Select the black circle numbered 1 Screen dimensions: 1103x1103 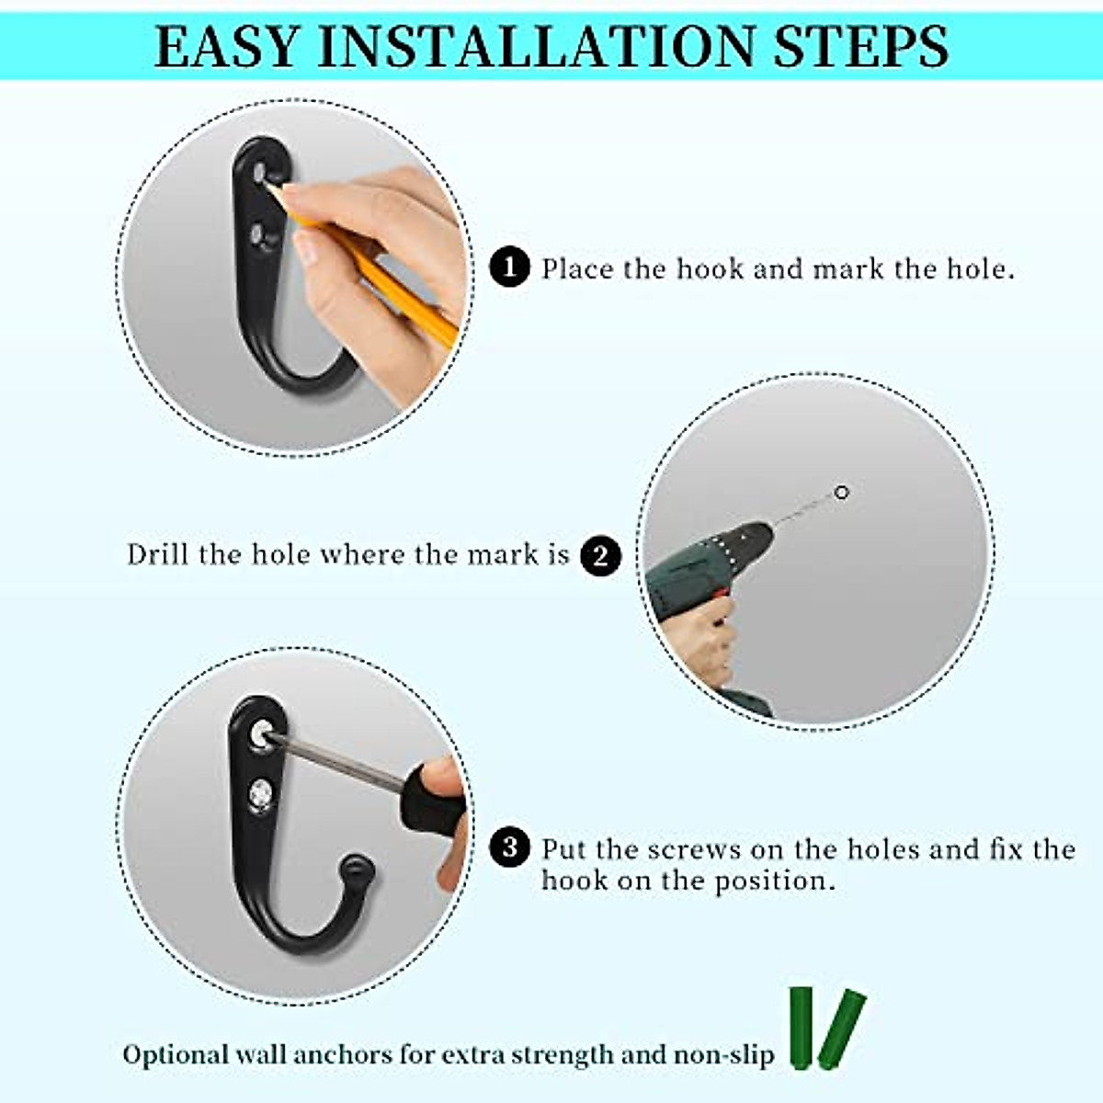(510, 268)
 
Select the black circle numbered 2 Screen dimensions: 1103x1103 (600, 556)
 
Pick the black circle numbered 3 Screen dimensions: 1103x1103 (510, 847)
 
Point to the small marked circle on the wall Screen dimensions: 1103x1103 (841, 493)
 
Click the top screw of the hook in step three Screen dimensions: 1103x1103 (263, 733)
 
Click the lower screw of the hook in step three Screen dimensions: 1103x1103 (263, 791)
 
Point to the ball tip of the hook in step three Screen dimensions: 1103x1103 (356, 868)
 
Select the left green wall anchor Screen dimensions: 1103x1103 (802, 1028)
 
